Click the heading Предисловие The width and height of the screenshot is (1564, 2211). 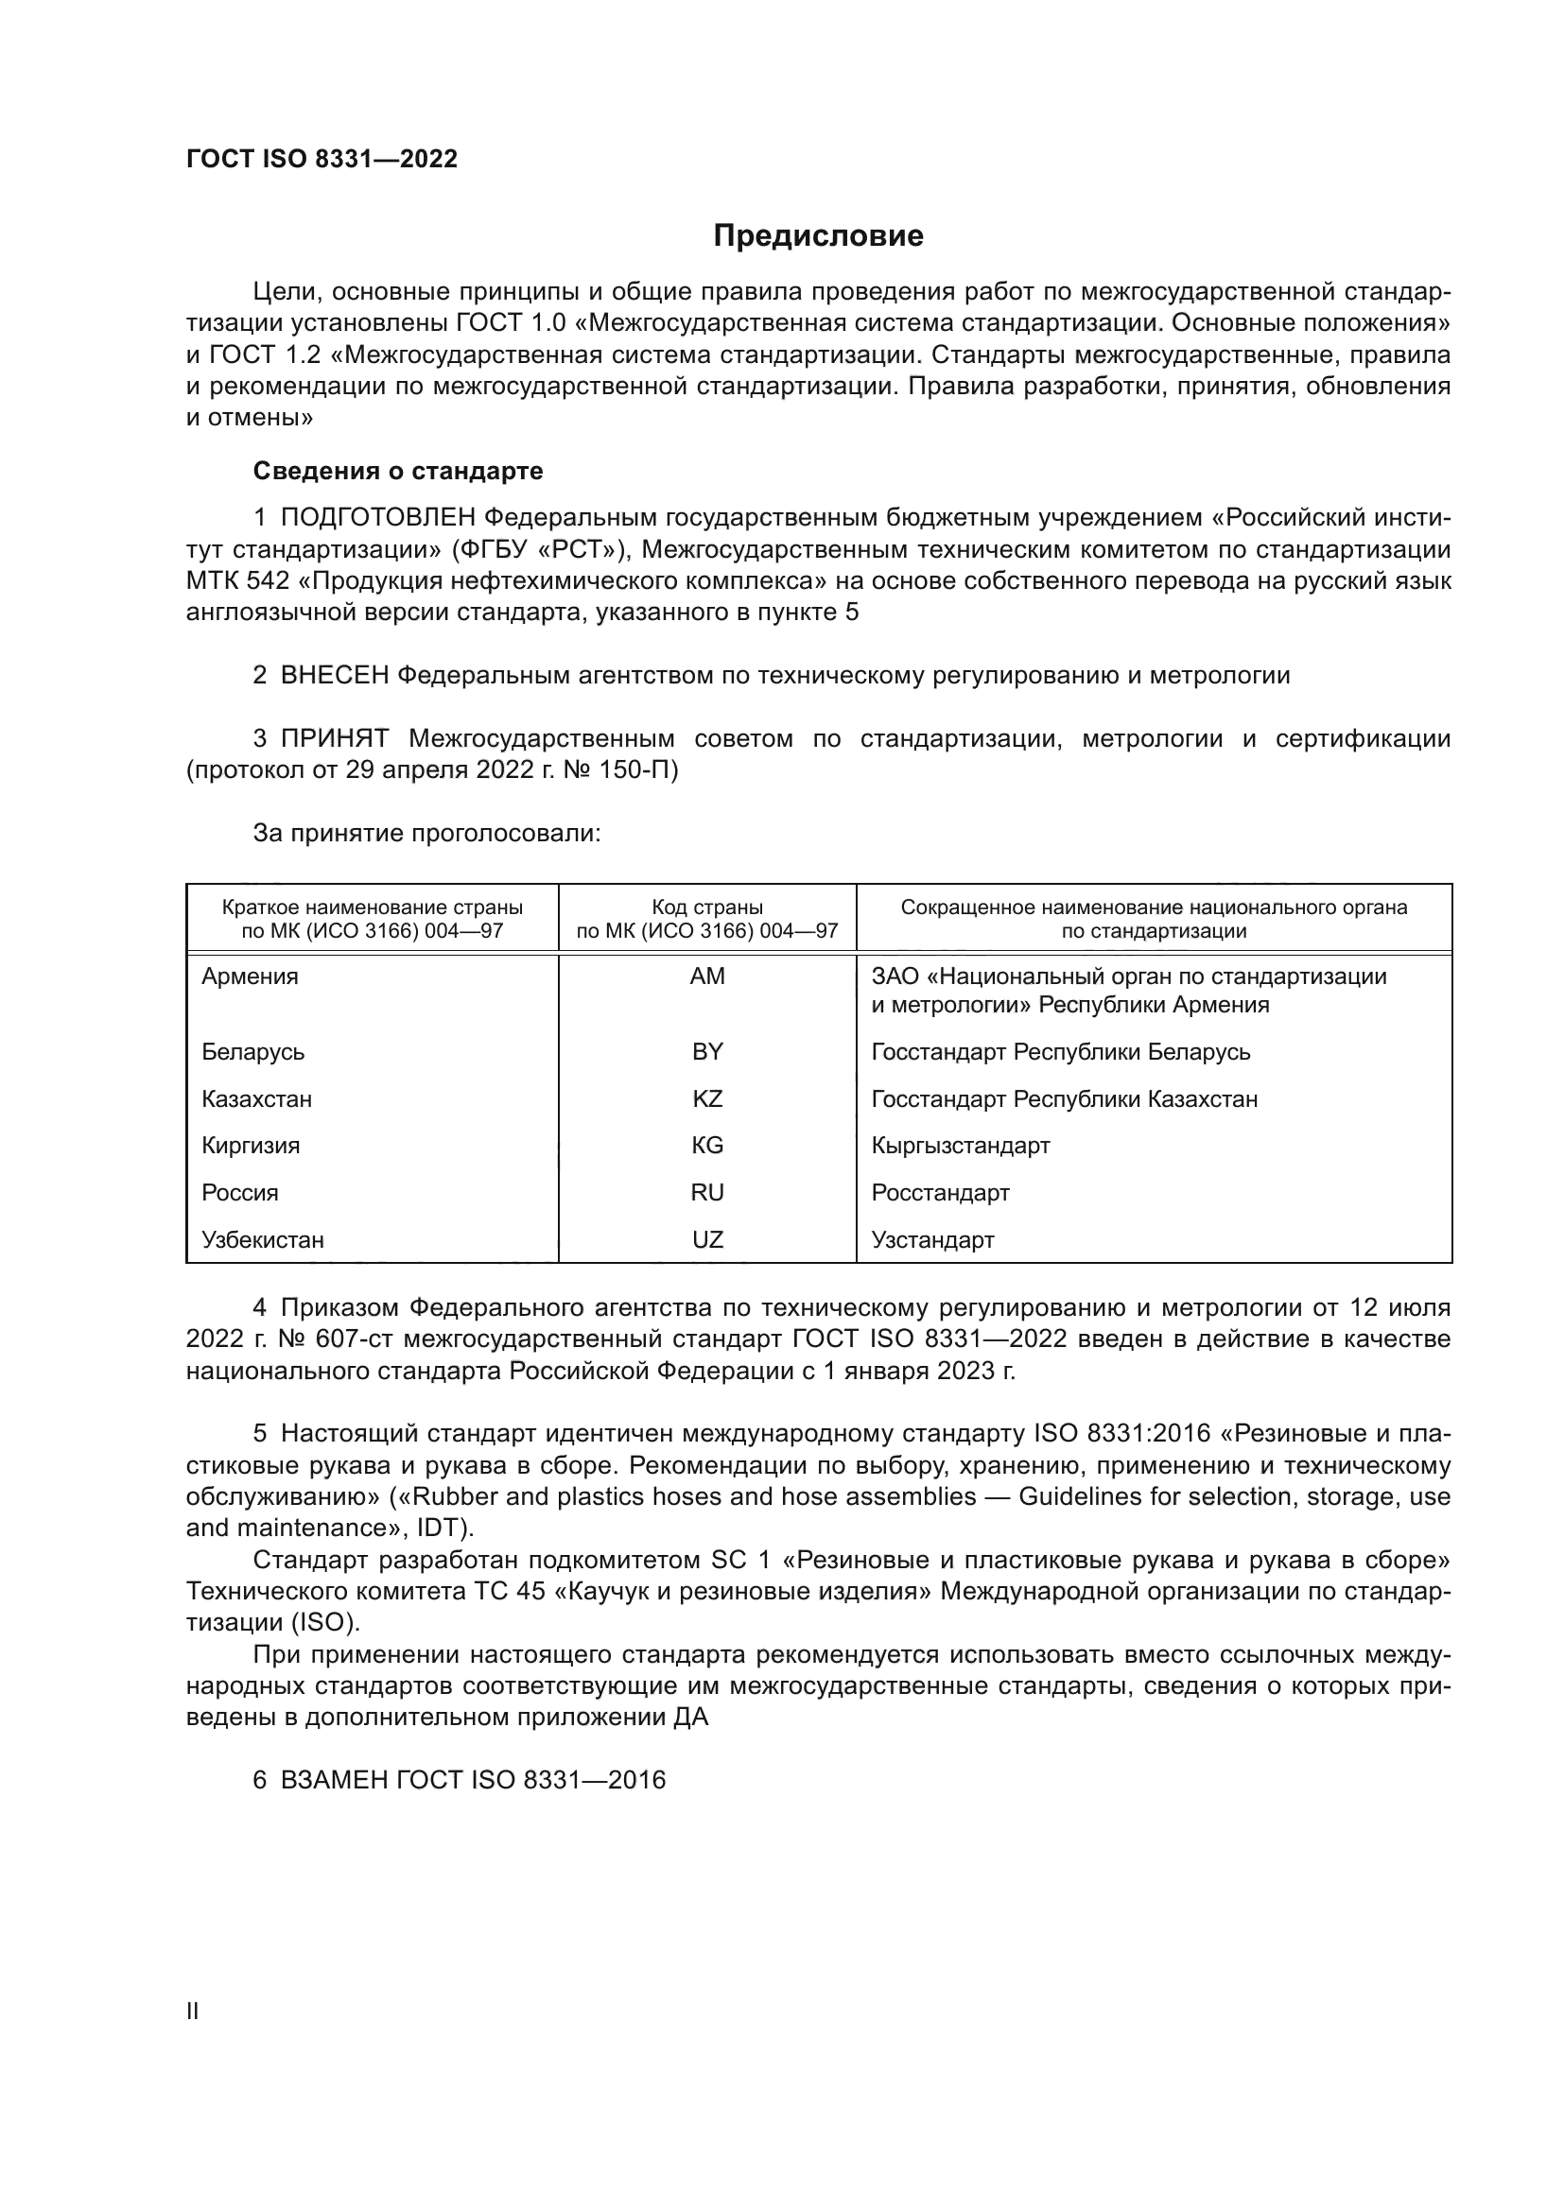tap(818, 236)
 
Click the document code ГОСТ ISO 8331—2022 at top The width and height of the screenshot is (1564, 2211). tap(321, 160)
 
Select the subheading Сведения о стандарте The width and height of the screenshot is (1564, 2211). tap(398, 471)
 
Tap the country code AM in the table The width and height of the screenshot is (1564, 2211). tap(707, 976)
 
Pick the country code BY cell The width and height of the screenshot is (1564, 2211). tap(707, 1051)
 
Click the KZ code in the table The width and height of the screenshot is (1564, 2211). tap(707, 1098)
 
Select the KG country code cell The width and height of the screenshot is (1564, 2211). tap(707, 1145)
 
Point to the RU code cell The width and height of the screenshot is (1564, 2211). tap(707, 1192)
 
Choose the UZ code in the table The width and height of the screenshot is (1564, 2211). tap(707, 1239)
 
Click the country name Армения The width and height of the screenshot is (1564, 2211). tap(251, 976)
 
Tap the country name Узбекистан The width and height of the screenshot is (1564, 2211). tap(263, 1239)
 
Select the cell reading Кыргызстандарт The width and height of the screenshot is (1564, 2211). tap(960, 1145)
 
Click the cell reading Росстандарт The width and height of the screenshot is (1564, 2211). tap(940, 1192)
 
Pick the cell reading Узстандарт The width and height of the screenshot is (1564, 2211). tap(932, 1239)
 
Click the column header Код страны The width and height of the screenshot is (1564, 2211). tap(707, 907)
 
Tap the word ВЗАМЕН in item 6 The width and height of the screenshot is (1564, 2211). tap(334, 1780)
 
